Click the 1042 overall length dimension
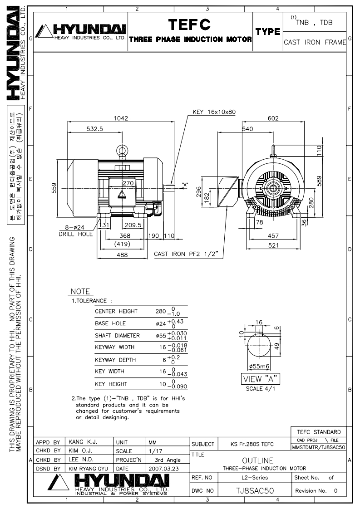click(x=121, y=118)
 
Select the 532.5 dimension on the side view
click(x=94, y=129)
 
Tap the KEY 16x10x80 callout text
click(x=214, y=112)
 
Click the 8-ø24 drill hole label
click(x=76, y=231)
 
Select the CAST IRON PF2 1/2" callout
click(x=186, y=254)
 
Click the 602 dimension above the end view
click(x=273, y=118)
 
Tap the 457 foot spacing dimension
click(x=273, y=236)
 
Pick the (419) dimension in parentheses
click(x=122, y=244)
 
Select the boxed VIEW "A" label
click(x=260, y=379)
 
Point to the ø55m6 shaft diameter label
click(x=259, y=367)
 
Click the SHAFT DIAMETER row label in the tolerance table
click(x=117, y=336)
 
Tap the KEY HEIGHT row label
click(x=111, y=384)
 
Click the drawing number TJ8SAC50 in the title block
click(x=255, y=490)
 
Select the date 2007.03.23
click(x=164, y=469)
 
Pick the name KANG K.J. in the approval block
click(x=83, y=442)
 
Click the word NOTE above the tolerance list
click(x=80, y=292)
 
